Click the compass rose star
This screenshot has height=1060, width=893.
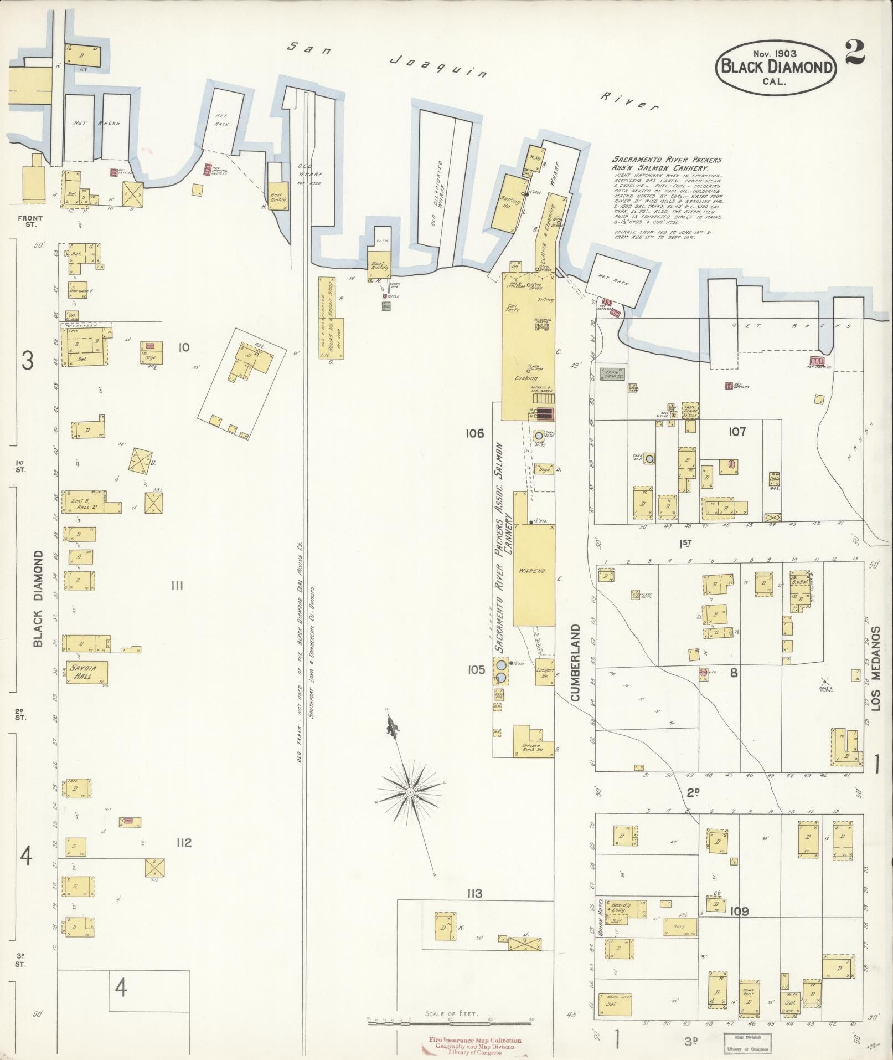(x=410, y=792)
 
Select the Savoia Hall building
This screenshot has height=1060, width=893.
(x=86, y=672)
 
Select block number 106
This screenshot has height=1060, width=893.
(x=475, y=433)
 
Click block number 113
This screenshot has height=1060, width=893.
(x=474, y=893)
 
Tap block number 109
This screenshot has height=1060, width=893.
(x=739, y=911)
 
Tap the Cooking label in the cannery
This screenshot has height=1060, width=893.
(x=526, y=378)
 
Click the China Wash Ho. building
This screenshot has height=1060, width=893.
(x=612, y=373)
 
